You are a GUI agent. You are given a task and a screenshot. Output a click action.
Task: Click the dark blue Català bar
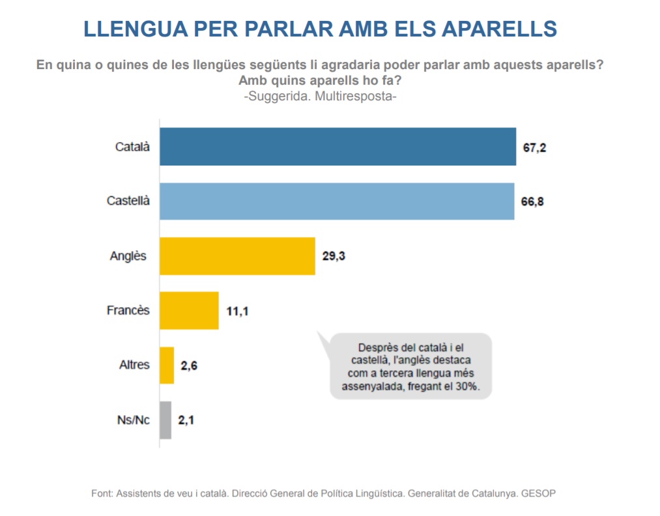point(337,147)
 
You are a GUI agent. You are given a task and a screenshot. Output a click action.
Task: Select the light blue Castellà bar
point(337,201)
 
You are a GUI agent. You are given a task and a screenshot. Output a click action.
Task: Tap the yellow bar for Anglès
point(237,256)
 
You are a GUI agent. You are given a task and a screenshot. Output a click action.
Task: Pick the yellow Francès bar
point(189,310)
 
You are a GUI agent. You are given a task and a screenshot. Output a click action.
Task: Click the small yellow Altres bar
point(167,365)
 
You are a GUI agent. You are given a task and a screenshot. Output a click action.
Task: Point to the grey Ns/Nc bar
point(165,420)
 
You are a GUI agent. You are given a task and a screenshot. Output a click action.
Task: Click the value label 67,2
point(534,148)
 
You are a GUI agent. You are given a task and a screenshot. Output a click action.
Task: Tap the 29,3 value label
point(333,257)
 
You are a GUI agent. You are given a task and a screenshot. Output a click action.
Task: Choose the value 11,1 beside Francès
point(237,311)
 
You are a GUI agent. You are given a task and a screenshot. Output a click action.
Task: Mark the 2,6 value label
point(189,365)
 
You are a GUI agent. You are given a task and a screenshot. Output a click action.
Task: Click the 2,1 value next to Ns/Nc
point(186,420)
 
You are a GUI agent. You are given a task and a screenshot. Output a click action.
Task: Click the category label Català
point(132,147)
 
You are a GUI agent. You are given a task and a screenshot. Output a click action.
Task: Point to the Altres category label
point(134,365)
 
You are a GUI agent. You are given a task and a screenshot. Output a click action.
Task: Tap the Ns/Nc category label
point(133,420)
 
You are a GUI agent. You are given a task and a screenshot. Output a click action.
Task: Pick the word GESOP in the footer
point(540,493)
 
